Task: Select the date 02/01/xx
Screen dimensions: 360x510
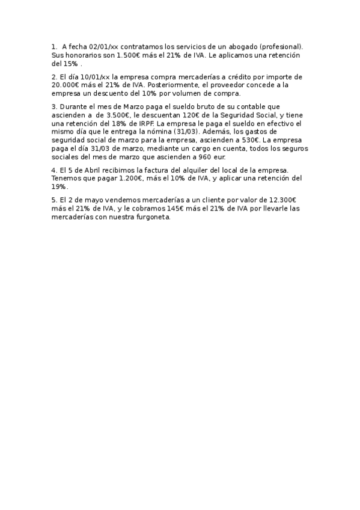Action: point(103,46)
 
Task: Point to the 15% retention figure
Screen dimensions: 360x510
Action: point(71,63)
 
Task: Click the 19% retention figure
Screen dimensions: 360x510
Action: point(59,188)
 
